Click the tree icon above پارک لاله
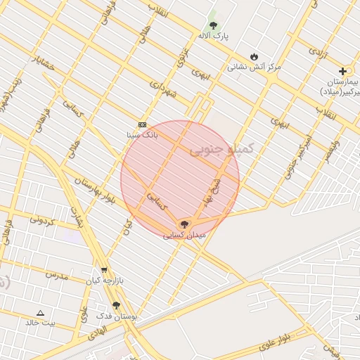[213, 25]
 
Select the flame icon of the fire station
[254, 57]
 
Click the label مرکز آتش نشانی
[254, 67]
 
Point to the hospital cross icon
[342, 71]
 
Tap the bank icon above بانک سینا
[142, 124]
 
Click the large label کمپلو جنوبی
[214, 150]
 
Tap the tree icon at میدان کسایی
[184, 224]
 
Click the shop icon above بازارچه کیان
[104, 269]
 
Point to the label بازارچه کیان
[104, 280]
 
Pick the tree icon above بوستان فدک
[116, 305]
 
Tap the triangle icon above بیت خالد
[40, 313]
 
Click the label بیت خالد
[40, 323]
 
